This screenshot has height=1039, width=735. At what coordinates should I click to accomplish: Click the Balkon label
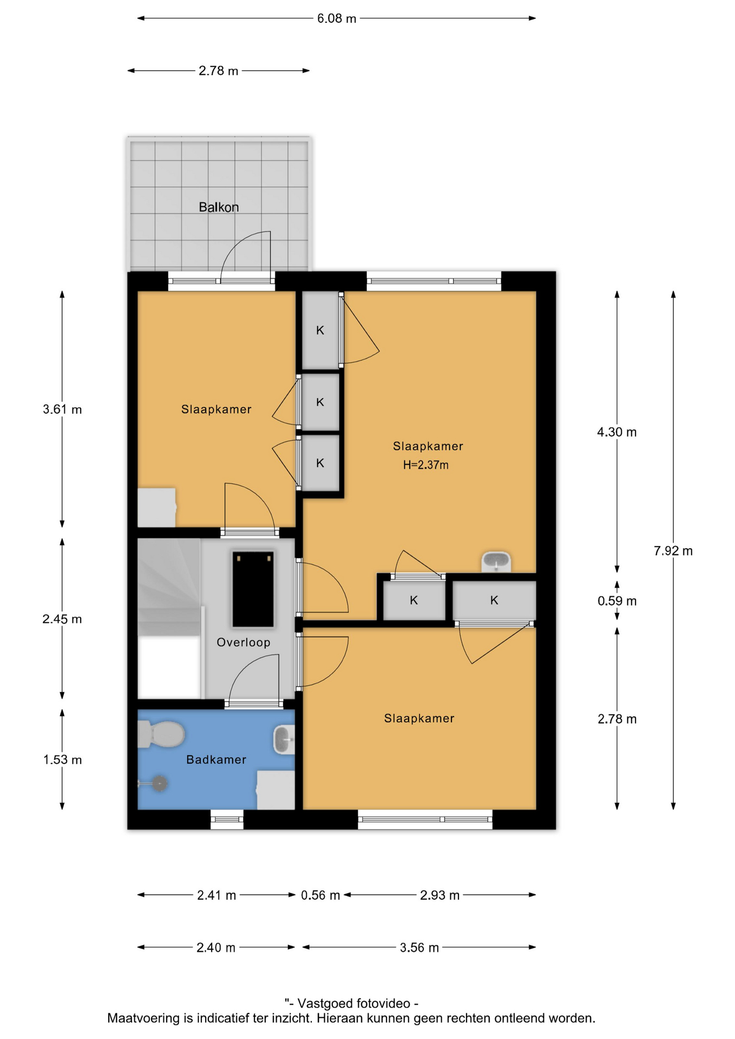pos(219,207)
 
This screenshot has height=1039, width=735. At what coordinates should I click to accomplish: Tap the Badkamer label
pos(216,760)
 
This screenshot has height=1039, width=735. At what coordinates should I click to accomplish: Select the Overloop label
pos(244,642)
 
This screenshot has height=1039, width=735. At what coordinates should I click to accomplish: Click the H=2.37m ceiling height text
pos(426,465)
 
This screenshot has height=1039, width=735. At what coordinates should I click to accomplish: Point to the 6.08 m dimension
pos(337,18)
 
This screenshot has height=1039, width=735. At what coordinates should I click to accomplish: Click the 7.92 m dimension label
pos(673,551)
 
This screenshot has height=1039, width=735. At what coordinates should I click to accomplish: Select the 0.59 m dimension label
pos(617,601)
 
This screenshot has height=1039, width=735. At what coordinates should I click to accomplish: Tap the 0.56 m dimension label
pos(320,895)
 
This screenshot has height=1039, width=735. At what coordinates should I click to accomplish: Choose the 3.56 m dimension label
pos(419,948)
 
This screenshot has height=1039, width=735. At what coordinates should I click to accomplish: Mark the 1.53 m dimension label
pos(63,760)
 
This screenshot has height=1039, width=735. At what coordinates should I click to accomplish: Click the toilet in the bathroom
pos(161,734)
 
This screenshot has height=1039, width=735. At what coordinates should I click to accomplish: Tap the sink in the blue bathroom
pos(284,740)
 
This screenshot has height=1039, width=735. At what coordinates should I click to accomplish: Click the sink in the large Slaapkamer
pos(496,562)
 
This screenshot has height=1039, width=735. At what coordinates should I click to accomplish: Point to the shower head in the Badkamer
pos(159,783)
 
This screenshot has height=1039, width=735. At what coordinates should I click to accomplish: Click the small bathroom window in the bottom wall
pos(227,819)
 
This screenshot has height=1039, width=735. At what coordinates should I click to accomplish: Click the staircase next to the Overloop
pos(169,619)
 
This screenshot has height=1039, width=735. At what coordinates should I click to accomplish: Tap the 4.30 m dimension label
pos(617,432)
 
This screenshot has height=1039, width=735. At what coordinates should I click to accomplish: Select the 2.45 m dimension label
pos(62,619)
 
